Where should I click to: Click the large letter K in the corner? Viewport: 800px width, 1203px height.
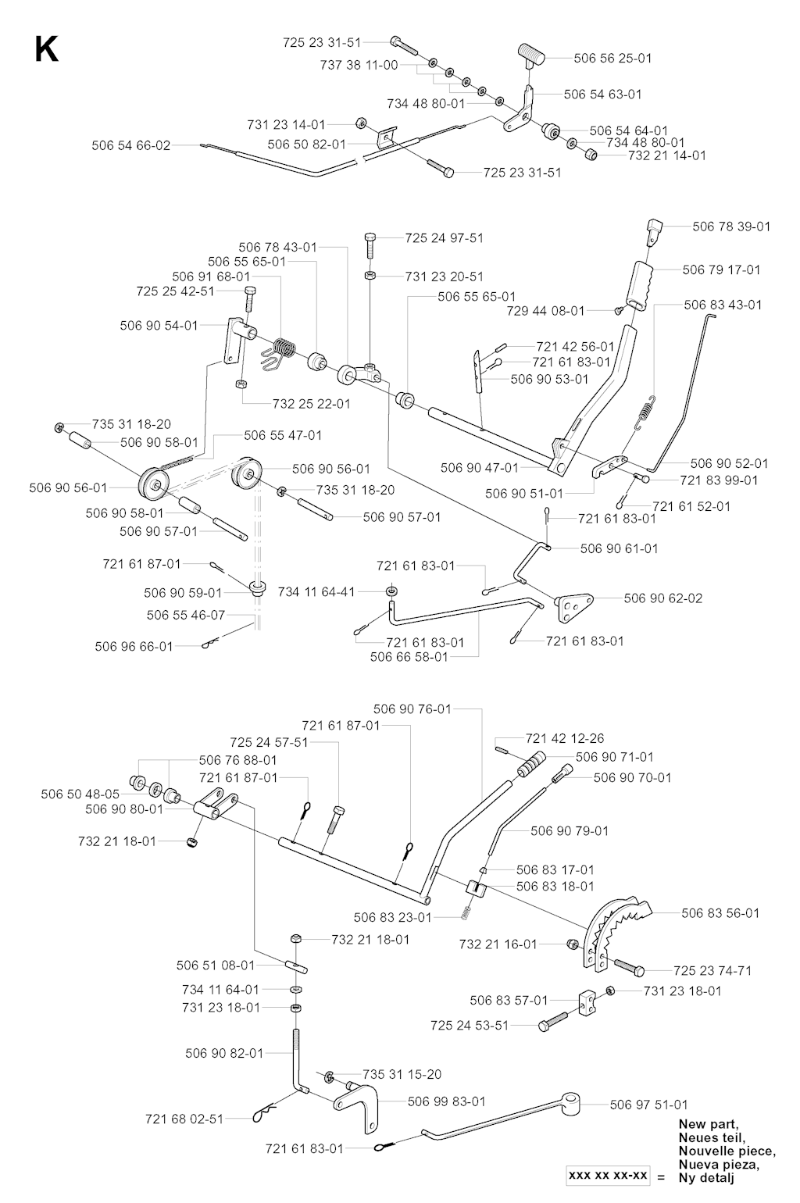tap(46, 50)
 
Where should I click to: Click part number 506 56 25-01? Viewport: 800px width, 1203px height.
tap(612, 58)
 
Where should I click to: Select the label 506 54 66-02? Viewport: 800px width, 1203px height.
tap(130, 145)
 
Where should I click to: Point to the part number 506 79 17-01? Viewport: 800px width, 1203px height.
tap(721, 270)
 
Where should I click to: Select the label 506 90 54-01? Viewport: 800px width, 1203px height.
tap(159, 325)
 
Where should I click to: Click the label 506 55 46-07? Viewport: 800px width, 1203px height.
tap(186, 616)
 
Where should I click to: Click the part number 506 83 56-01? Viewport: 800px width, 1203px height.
tap(720, 912)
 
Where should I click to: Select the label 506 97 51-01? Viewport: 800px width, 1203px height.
tap(649, 1104)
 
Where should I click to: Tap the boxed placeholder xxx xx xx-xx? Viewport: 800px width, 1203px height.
tap(608, 1176)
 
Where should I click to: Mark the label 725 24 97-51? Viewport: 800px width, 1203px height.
tap(445, 237)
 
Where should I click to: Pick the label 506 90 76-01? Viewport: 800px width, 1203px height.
tap(412, 709)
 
